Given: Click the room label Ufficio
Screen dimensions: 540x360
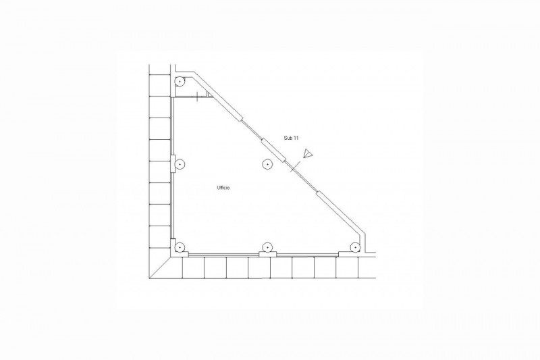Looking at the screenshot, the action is (223, 188).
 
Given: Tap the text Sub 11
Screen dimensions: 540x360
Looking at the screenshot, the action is (291, 138).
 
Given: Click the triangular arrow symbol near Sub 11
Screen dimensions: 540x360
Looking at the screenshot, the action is (308, 153).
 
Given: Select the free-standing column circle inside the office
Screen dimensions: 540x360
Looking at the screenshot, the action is (267, 164).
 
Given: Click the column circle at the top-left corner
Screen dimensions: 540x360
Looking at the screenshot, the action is (180, 82).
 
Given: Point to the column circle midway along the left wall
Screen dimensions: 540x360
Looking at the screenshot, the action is (180, 164).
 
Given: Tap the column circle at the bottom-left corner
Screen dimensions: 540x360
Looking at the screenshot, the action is (180, 247).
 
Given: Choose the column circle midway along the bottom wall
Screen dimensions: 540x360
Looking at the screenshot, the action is (267, 247).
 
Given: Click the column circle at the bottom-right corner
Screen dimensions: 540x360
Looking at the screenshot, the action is (354, 247).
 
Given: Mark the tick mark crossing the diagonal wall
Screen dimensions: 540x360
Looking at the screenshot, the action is (294, 167).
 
